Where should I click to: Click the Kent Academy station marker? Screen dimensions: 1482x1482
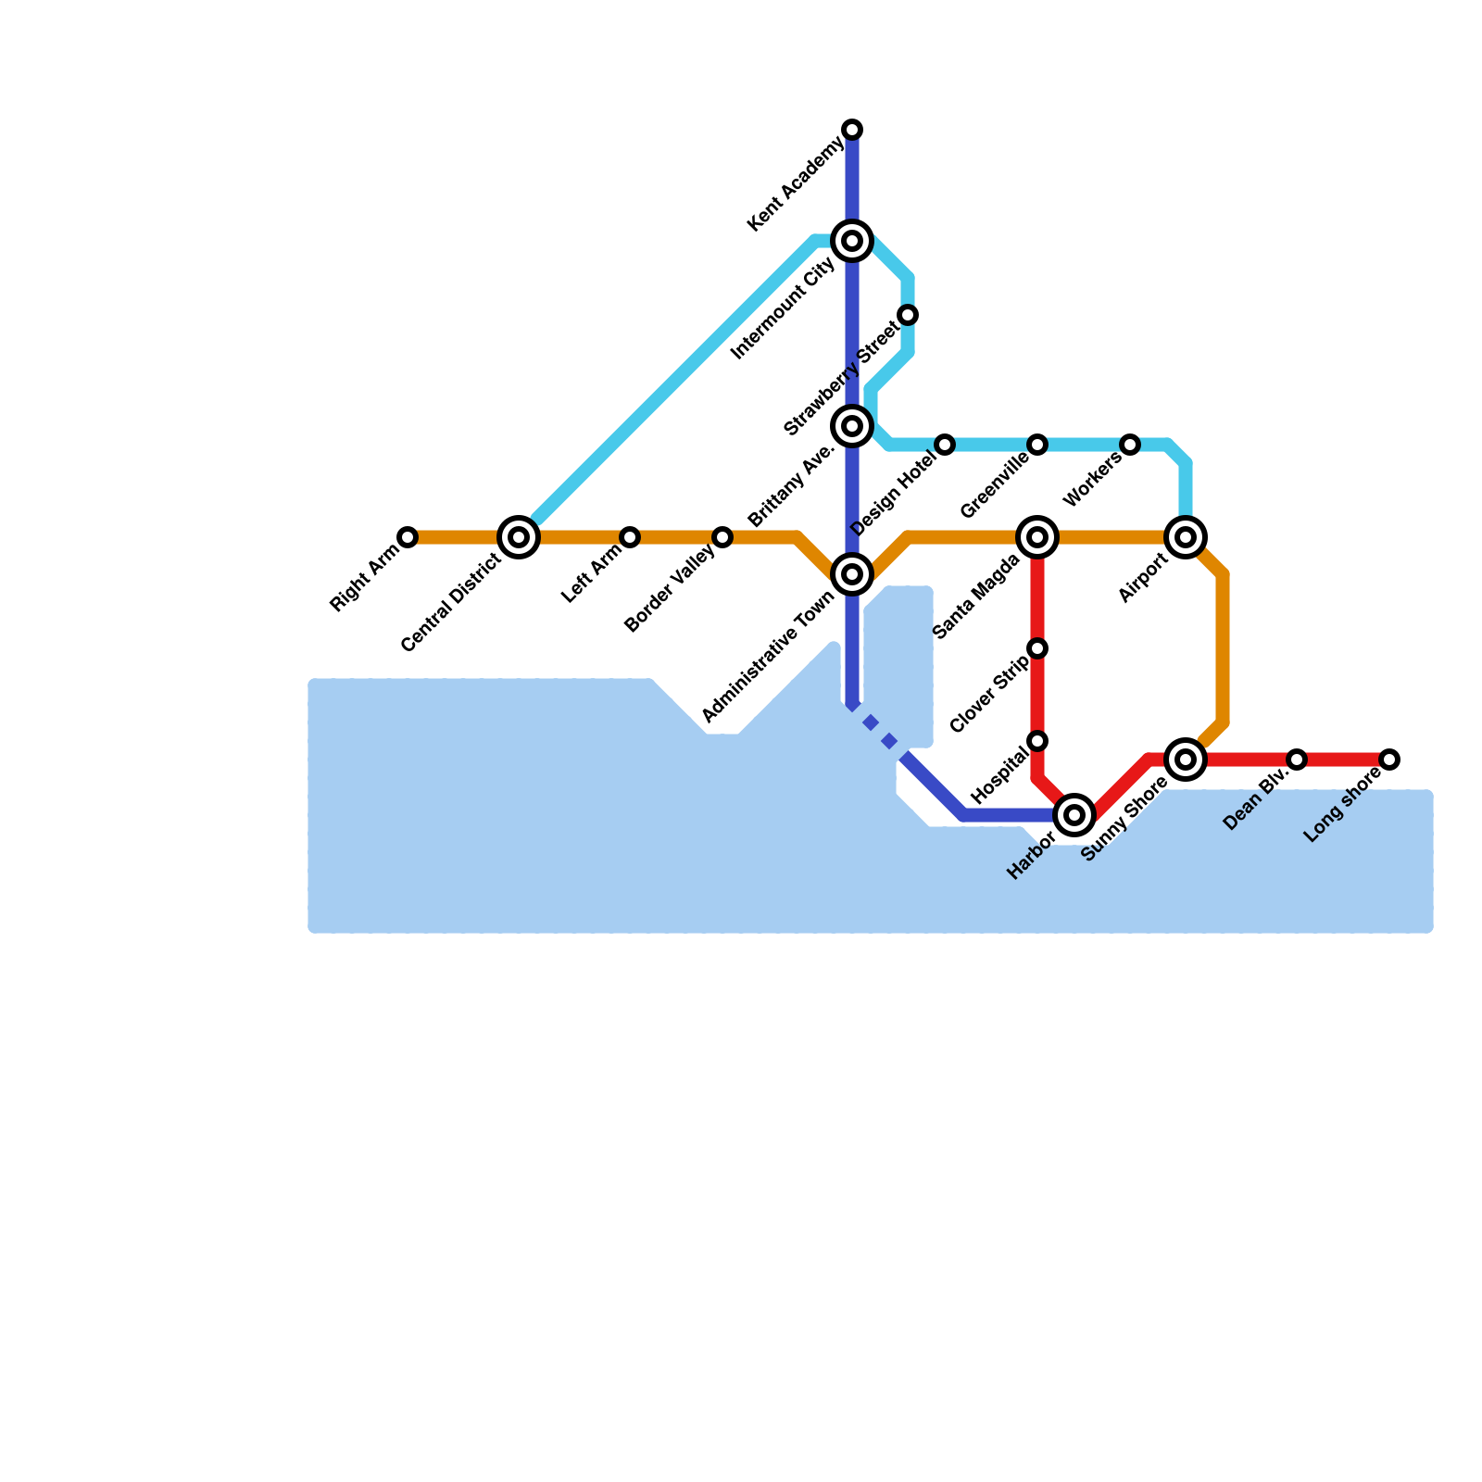point(852,129)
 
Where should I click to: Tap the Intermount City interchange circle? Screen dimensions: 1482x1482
point(852,241)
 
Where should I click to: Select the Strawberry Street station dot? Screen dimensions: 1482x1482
point(908,315)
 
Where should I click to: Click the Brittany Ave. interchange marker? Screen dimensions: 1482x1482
point(852,426)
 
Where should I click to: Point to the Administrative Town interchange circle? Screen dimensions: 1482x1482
point(852,574)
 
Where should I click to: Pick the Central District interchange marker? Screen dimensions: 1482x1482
point(519,537)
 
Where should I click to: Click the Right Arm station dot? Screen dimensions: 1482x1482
point(408,537)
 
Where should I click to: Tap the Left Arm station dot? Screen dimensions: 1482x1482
point(630,537)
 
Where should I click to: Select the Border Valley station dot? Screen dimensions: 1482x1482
point(722,537)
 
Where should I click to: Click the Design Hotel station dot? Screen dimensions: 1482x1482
point(945,445)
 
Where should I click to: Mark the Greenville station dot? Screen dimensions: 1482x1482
point(1037,445)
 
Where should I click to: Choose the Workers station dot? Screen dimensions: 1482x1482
point(1130,445)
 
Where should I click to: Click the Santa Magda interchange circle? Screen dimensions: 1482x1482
point(1037,537)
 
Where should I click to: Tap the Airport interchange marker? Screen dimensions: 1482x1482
point(1186,537)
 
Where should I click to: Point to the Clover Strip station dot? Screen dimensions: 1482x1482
point(1037,648)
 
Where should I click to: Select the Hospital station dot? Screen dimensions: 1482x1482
point(1037,741)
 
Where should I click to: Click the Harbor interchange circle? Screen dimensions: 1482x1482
point(1074,815)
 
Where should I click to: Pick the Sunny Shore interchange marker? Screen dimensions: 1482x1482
point(1186,760)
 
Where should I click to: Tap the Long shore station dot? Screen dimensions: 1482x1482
point(1389,760)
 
